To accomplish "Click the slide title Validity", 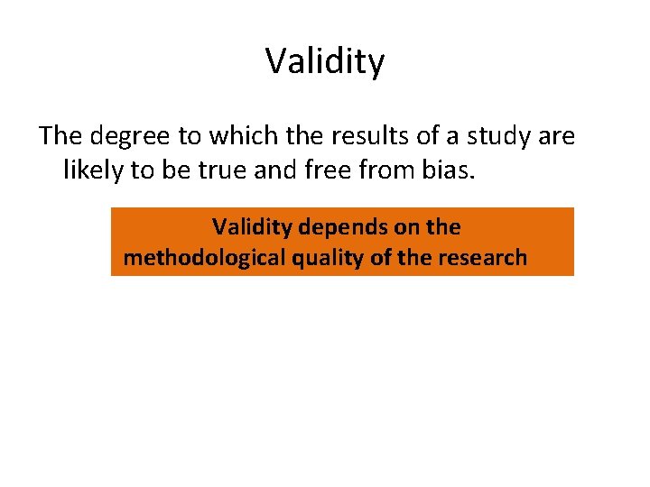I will tap(325, 61).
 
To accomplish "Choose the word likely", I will tap(94, 169).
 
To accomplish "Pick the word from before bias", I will tap(395, 169).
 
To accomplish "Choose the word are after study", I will tap(558, 136).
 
